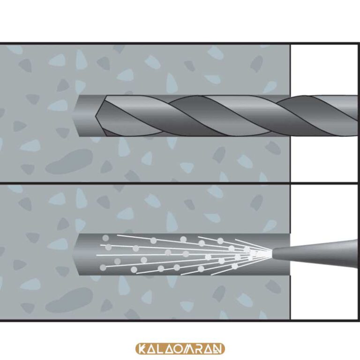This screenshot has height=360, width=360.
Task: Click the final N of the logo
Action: tap(217, 349)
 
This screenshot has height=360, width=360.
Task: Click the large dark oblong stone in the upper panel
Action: tap(69, 162)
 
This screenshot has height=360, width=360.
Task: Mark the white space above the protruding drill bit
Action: tap(324, 69)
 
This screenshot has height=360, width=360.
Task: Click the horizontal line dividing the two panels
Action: tap(179, 183)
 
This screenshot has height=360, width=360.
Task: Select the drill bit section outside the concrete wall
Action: tap(324, 115)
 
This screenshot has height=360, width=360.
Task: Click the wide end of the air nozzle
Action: tap(355, 254)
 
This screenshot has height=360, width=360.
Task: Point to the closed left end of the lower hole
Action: tap(76, 254)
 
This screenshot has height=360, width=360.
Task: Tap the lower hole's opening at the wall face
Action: tap(289, 254)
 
